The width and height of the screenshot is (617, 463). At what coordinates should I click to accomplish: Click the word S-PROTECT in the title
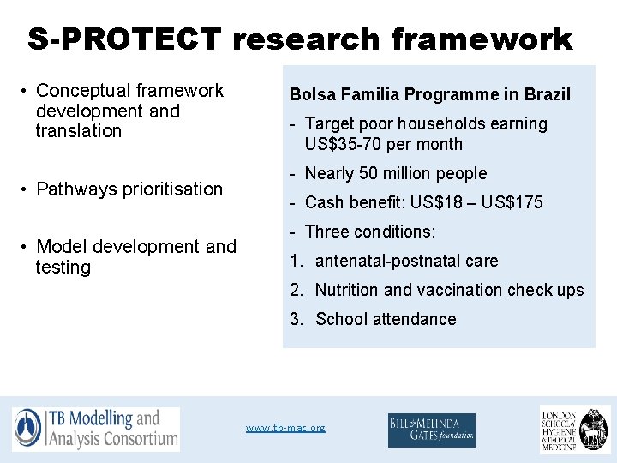(x=124, y=39)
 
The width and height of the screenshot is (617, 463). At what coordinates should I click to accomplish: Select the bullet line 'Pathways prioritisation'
(x=129, y=189)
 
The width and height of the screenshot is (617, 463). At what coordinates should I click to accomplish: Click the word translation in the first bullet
(x=79, y=131)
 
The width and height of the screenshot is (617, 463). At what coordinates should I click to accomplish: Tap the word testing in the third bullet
(x=63, y=268)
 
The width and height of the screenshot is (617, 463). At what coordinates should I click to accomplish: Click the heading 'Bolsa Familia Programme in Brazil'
(x=429, y=94)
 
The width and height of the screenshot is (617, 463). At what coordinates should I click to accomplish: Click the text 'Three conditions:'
(x=370, y=231)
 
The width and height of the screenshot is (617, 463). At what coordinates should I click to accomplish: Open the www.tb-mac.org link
(x=285, y=427)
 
